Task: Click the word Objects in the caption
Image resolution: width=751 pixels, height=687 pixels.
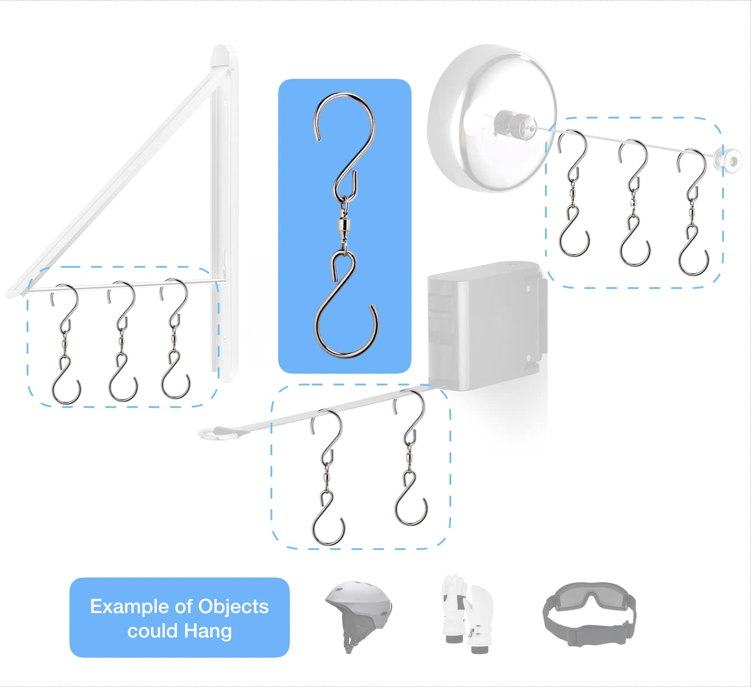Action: pyautogui.click(x=234, y=606)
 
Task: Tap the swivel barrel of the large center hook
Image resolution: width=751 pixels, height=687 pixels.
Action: pyautogui.click(x=345, y=224)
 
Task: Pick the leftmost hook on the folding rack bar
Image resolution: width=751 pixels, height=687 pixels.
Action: pyautogui.click(x=65, y=343)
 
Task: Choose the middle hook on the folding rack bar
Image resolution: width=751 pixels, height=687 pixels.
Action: pyautogui.click(x=122, y=341)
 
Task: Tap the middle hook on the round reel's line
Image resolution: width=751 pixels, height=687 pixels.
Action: pyautogui.click(x=634, y=203)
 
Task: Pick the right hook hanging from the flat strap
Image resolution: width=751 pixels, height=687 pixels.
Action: pyautogui.click(x=410, y=458)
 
